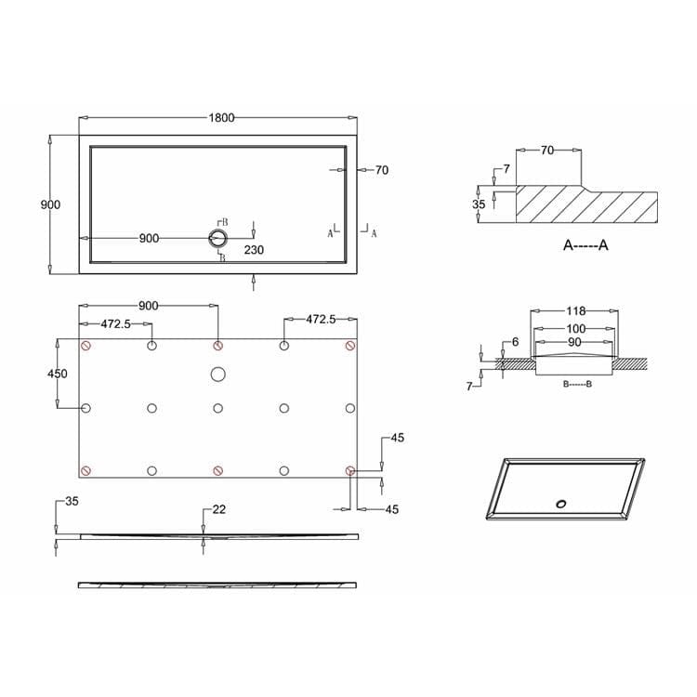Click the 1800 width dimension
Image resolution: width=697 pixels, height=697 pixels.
pyautogui.click(x=220, y=118)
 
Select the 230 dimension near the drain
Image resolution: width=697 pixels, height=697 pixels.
pyautogui.click(x=255, y=250)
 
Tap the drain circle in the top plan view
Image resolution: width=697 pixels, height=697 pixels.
pyautogui.click(x=217, y=238)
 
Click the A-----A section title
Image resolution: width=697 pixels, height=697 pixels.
pyautogui.click(x=585, y=245)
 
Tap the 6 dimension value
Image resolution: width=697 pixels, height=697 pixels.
pyautogui.click(x=515, y=342)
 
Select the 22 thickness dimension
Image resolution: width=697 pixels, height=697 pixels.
pyautogui.click(x=219, y=509)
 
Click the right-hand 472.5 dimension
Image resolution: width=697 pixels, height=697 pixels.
pyautogui.click(x=321, y=319)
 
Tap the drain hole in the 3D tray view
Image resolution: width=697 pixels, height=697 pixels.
pyautogui.click(x=560, y=504)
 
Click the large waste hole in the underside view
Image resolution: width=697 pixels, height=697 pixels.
pyautogui.click(x=217, y=375)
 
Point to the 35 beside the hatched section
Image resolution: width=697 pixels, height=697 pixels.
pyautogui.click(x=479, y=204)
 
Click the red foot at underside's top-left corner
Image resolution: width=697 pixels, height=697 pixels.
pyautogui.click(x=86, y=346)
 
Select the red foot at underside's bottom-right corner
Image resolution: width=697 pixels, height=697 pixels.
pyautogui.click(x=349, y=470)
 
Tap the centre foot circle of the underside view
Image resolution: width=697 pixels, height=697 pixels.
pyautogui.click(x=217, y=408)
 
